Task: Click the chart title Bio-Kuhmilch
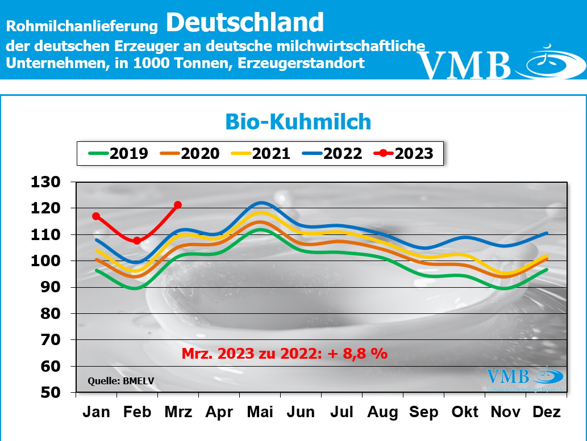click(298, 122)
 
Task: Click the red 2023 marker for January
click(96, 216)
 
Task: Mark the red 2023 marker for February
click(137, 241)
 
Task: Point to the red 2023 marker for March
click(178, 204)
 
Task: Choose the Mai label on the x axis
click(260, 412)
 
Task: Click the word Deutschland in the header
click(245, 23)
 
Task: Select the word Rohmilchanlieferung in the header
click(81, 26)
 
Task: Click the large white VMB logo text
click(465, 65)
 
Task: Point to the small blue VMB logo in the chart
click(509, 376)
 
